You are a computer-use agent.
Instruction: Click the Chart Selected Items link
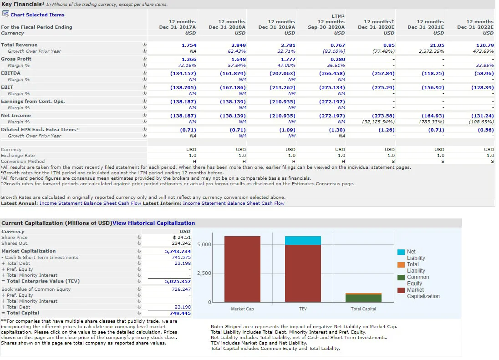(37, 15)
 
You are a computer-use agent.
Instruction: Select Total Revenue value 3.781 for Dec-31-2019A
(288, 45)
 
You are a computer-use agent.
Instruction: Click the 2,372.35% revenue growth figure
(432, 51)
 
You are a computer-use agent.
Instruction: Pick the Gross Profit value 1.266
(189, 59)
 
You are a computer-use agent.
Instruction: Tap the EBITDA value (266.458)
(332, 73)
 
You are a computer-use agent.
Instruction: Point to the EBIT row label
(7, 87)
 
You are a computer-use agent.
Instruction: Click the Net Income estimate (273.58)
(383, 116)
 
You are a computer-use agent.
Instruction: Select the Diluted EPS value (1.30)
(337, 130)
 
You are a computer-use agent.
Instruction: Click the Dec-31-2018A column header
(227, 27)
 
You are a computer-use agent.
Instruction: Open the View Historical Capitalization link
(154, 223)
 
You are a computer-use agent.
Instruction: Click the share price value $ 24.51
(182, 237)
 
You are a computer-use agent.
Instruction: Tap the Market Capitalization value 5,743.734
(178, 251)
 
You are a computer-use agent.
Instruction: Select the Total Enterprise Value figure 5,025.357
(178, 281)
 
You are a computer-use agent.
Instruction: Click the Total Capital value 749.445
(180, 313)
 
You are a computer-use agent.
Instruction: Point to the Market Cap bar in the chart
(242, 269)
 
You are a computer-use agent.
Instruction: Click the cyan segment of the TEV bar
(303, 240)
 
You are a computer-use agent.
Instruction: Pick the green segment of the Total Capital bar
(363, 298)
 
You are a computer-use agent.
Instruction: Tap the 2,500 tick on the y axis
(204, 273)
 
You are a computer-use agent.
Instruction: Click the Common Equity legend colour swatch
(401, 277)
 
